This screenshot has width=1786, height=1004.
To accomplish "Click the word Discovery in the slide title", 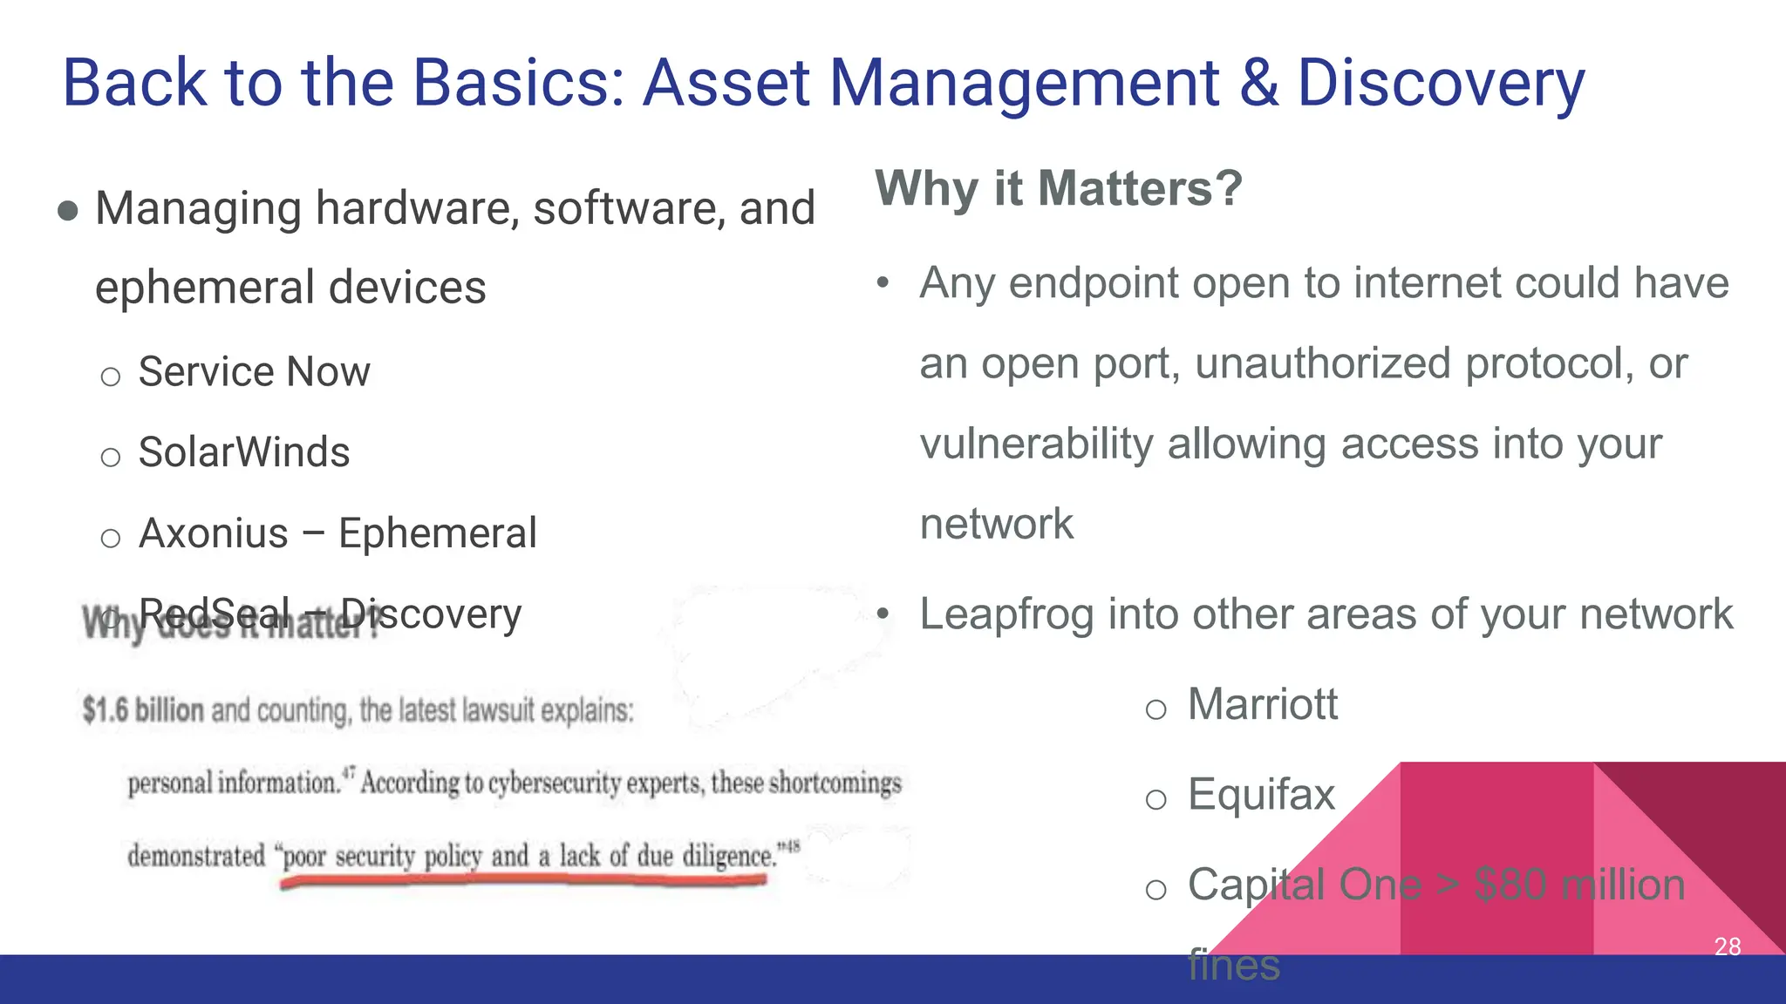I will [1440, 84].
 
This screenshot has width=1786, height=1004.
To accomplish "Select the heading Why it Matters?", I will [1058, 188].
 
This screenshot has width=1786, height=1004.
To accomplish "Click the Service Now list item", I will [254, 372].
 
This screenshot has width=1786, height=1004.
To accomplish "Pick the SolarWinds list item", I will [244, 452].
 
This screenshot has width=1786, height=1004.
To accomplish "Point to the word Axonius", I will [214, 533].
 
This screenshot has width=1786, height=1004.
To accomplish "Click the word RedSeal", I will [215, 614].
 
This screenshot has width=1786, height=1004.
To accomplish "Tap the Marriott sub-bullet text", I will [1262, 704].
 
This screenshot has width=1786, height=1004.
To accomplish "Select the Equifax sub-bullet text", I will [1261, 795].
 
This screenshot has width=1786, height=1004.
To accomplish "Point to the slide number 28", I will [1727, 946].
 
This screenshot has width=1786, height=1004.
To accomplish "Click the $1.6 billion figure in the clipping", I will [143, 710].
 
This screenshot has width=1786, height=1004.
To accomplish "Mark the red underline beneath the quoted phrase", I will [523, 881].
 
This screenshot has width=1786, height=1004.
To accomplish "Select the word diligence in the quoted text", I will [729, 856].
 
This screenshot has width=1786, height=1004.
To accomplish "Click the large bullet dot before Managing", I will [68, 211].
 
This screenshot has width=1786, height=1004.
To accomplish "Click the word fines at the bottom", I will [1233, 966].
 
